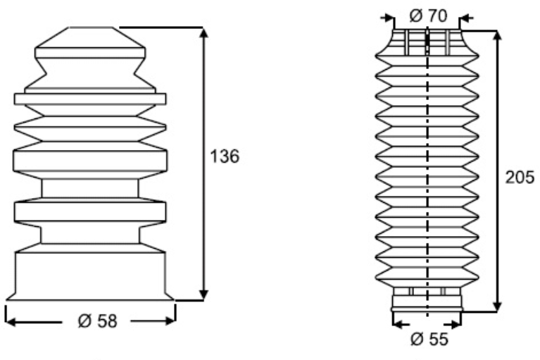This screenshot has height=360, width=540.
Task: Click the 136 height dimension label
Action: tap(225, 156)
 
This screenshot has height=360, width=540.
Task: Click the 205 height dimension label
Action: tap(520, 178)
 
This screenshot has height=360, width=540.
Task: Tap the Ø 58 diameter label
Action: tap(98, 321)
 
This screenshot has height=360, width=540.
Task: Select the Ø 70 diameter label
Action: tap(429, 15)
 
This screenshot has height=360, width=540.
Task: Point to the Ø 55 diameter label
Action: tap(429, 340)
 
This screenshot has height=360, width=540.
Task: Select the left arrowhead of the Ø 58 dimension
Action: tap(11, 322)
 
